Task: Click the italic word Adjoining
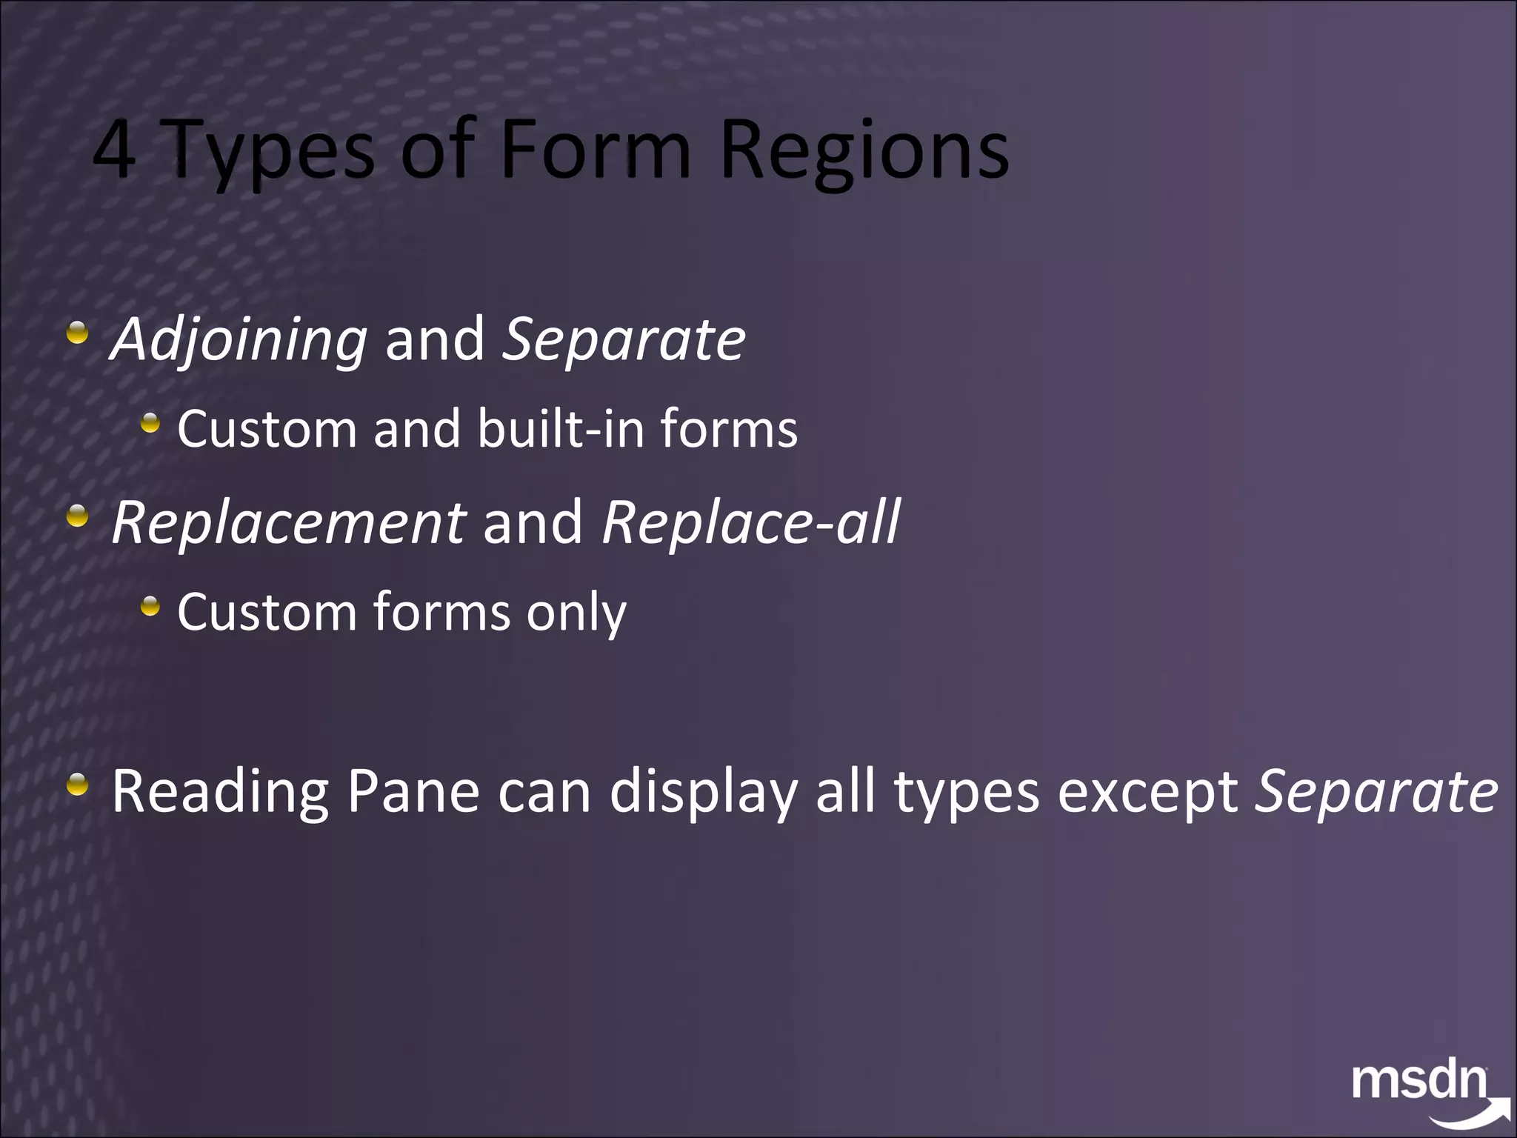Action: [239, 340]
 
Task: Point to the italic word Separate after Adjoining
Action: [624, 340]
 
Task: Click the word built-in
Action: [562, 429]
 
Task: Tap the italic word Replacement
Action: [288, 522]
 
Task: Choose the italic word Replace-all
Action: [750, 522]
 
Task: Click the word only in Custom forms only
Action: [576, 613]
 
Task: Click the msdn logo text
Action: [1418, 1082]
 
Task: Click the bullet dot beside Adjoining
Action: [76, 333]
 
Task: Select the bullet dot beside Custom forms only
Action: [150, 607]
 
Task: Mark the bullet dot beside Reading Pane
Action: [76, 785]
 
